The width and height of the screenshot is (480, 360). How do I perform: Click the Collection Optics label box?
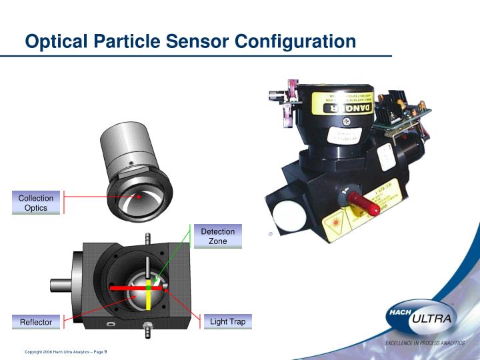[x=36, y=203]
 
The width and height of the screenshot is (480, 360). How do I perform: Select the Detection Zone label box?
[x=218, y=236]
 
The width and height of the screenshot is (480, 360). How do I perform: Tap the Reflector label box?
[x=36, y=322]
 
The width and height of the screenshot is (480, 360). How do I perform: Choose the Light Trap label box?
[x=227, y=321]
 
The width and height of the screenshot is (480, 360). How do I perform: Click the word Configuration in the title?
[x=296, y=41]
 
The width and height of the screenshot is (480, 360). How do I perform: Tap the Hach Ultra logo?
[x=420, y=319]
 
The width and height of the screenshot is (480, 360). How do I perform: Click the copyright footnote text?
[x=66, y=352]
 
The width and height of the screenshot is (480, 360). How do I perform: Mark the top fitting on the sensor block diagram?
[x=147, y=239]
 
